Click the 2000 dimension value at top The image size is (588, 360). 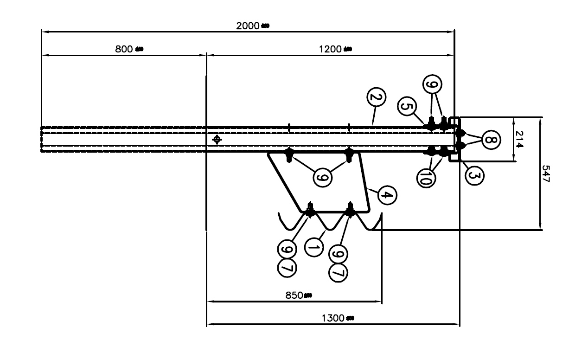(248, 26)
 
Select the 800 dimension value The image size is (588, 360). (124, 49)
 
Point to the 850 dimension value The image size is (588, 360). (294, 296)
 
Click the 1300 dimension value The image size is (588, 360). (333, 318)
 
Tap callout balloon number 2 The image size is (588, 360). (376, 98)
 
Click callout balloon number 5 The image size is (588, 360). (406, 107)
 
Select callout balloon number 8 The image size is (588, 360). (491, 140)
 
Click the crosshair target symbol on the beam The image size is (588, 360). (216, 139)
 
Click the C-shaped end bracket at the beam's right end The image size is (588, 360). (456, 139)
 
